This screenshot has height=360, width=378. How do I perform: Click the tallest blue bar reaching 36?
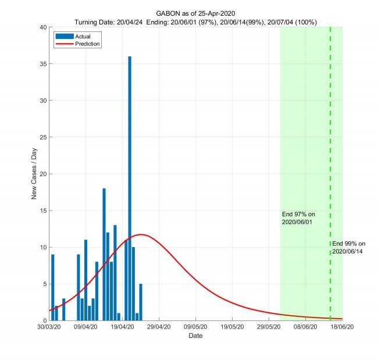click(x=130, y=186)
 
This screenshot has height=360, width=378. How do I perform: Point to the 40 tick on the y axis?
click(x=42, y=27)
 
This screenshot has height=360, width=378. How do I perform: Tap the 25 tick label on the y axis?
click(x=42, y=137)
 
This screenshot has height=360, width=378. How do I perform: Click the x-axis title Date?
click(x=195, y=336)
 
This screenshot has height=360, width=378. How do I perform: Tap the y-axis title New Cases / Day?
click(x=34, y=174)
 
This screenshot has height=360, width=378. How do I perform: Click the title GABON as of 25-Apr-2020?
click(x=195, y=13)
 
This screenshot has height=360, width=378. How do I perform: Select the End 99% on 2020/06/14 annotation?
click(x=349, y=247)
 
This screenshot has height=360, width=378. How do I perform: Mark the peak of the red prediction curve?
click(x=141, y=234)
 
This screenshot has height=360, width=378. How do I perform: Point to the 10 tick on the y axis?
click(x=42, y=247)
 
